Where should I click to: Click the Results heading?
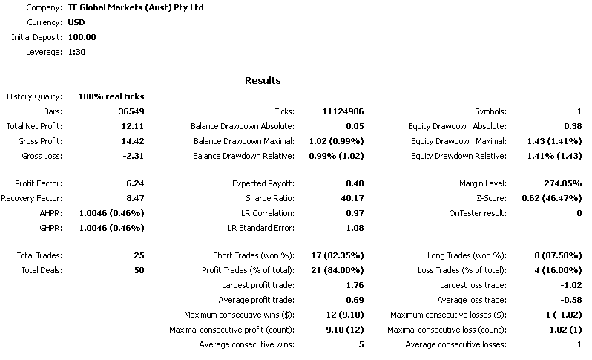pyautogui.click(x=262, y=80)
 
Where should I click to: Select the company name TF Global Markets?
pyautogui.click(x=140, y=7)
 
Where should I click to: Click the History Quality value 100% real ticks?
pyautogui.click(x=111, y=96)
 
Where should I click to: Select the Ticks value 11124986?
pyautogui.click(x=343, y=111)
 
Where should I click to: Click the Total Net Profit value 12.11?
pyautogui.click(x=134, y=126)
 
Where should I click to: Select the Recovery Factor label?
pyautogui.click(x=32, y=198)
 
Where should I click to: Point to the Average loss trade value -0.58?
pyautogui.click(x=570, y=300)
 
